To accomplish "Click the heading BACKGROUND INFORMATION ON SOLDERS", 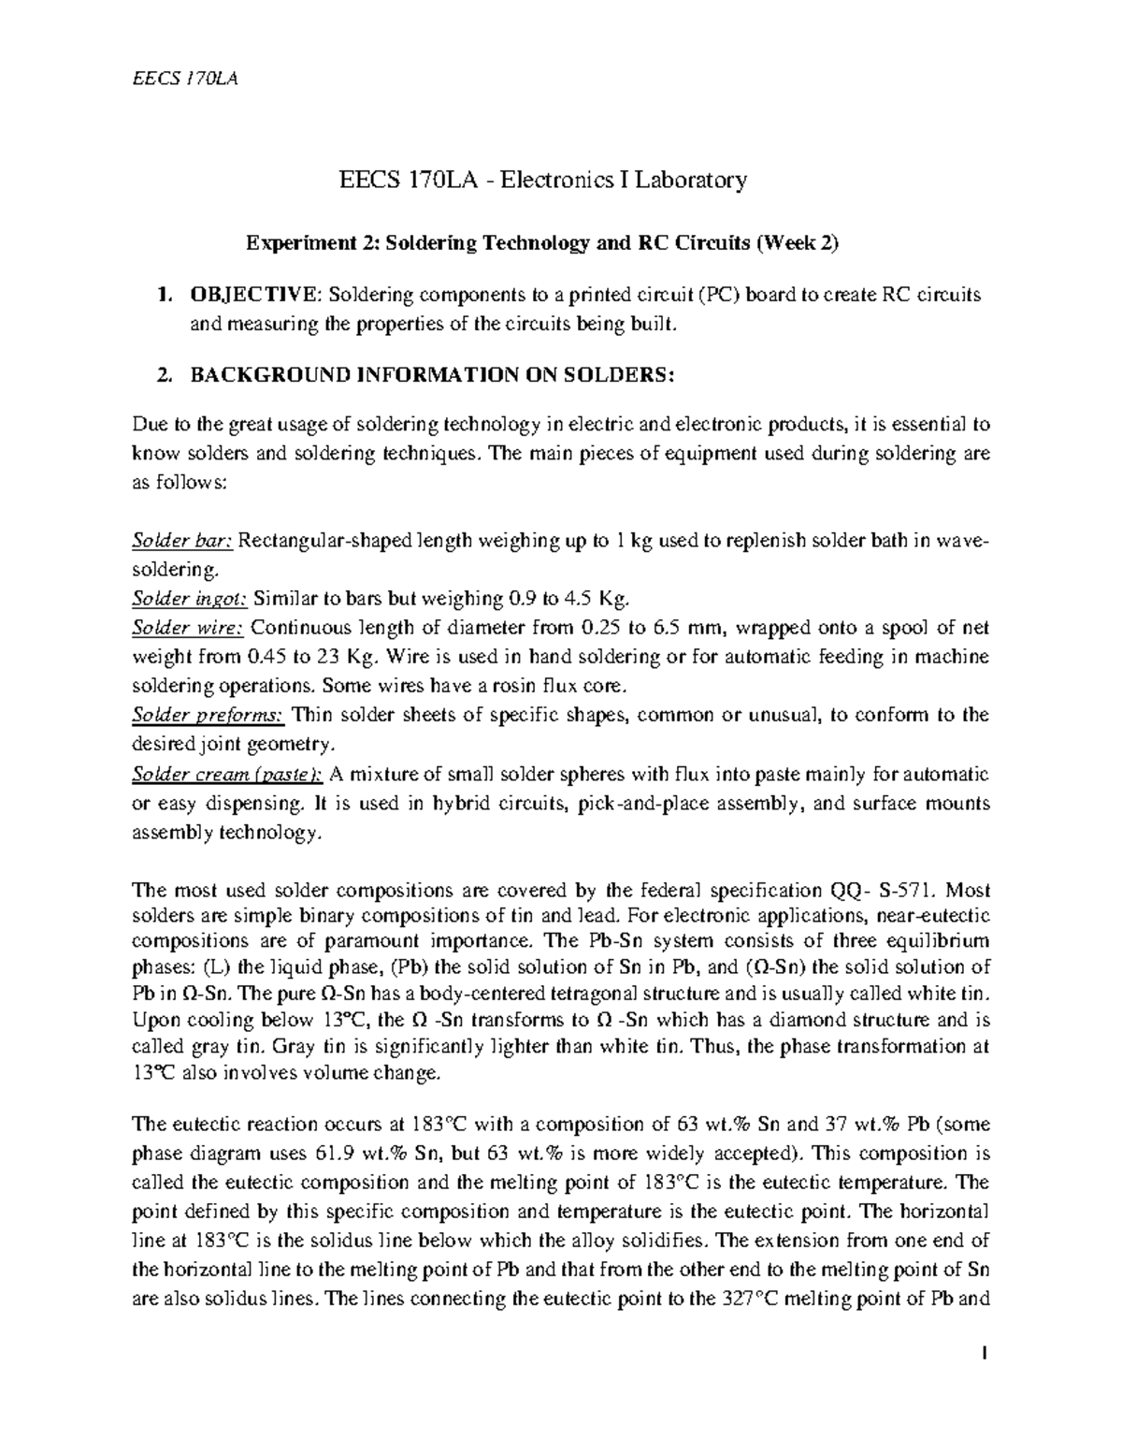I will click(431, 375).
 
